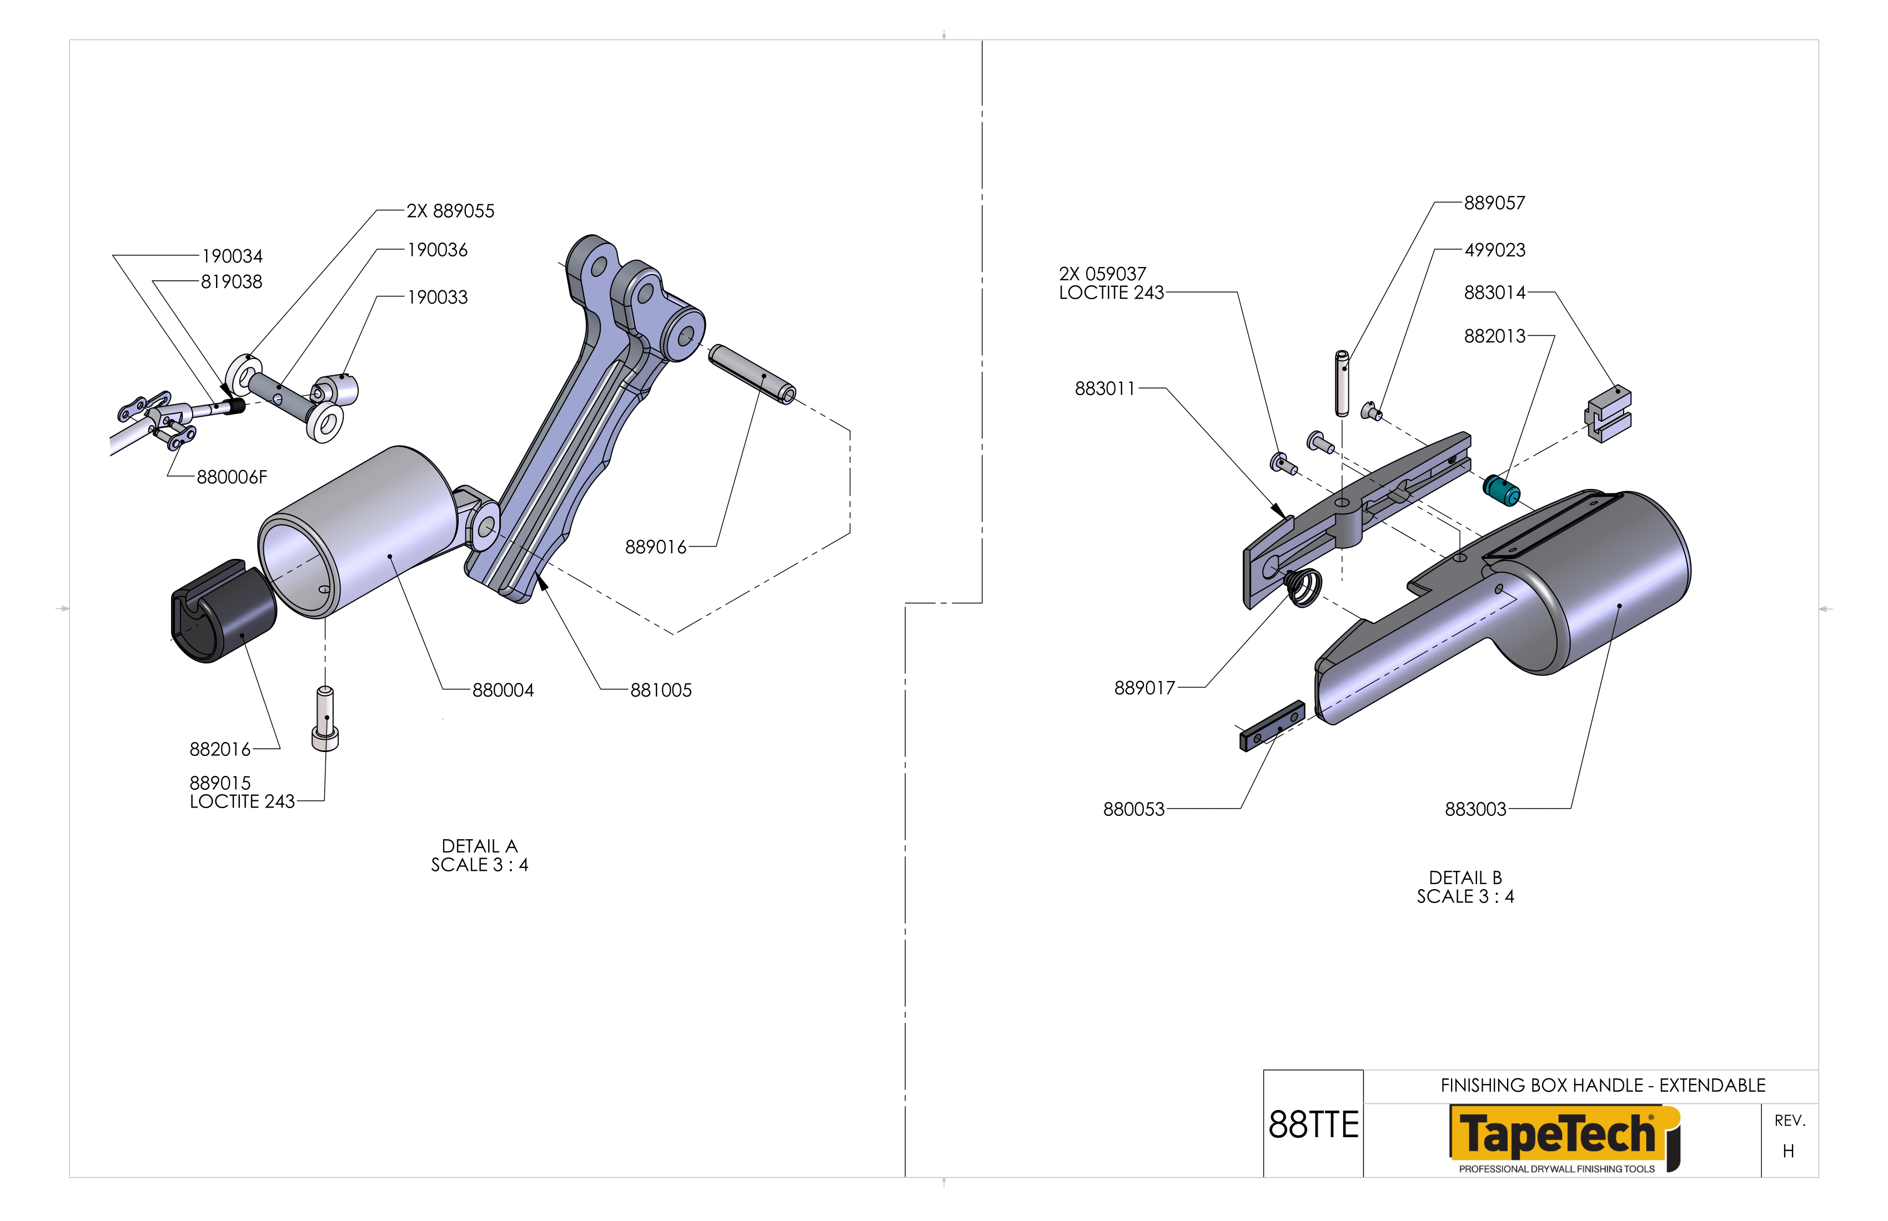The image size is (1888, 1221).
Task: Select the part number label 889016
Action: coord(655,547)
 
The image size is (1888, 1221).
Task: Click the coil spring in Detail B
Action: coord(1303,588)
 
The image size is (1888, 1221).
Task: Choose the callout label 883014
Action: coord(1494,292)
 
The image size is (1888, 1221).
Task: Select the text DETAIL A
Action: coord(479,846)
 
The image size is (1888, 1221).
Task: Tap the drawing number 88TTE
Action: coord(1313,1125)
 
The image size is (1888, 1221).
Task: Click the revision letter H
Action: coord(1788,1151)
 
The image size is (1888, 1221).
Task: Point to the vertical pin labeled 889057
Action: coord(1342,384)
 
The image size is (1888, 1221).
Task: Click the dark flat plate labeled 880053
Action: coord(1272,726)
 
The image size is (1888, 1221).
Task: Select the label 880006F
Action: coord(232,477)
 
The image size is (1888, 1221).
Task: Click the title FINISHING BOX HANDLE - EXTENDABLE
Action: coord(1603,1086)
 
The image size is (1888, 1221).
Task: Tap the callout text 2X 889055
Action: coord(450,211)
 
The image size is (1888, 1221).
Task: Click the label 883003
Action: coord(1475,810)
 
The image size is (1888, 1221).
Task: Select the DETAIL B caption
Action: coord(1465,877)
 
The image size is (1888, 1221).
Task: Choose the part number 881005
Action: coord(661,690)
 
